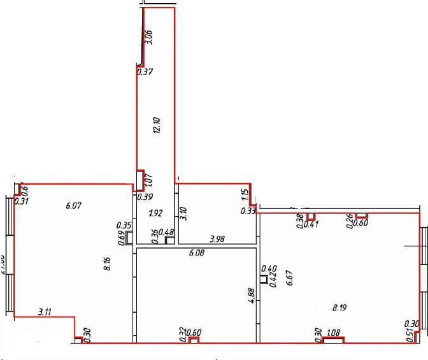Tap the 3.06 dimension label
[148, 37]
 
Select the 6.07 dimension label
[75, 205]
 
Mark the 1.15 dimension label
[244, 196]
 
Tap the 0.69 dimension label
[122, 238]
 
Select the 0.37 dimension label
[145, 72]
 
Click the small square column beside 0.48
[169, 241]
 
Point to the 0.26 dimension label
[349, 220]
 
